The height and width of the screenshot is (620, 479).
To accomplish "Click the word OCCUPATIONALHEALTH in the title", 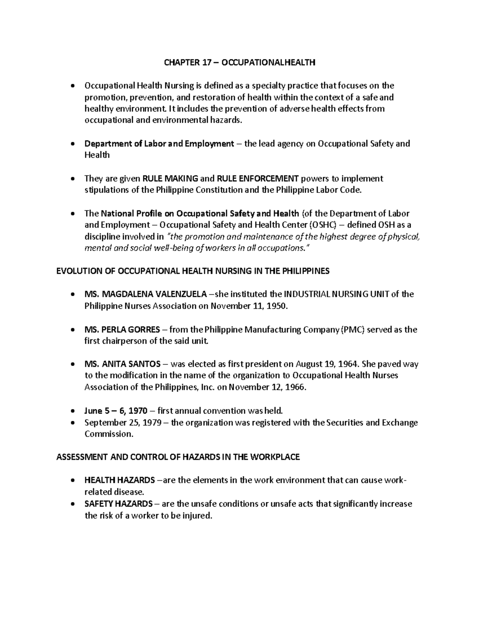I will tap(268, 62).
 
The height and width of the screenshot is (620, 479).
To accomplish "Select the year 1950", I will tap(278, 306).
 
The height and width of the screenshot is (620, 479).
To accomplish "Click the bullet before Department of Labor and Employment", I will tap(72, 144).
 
